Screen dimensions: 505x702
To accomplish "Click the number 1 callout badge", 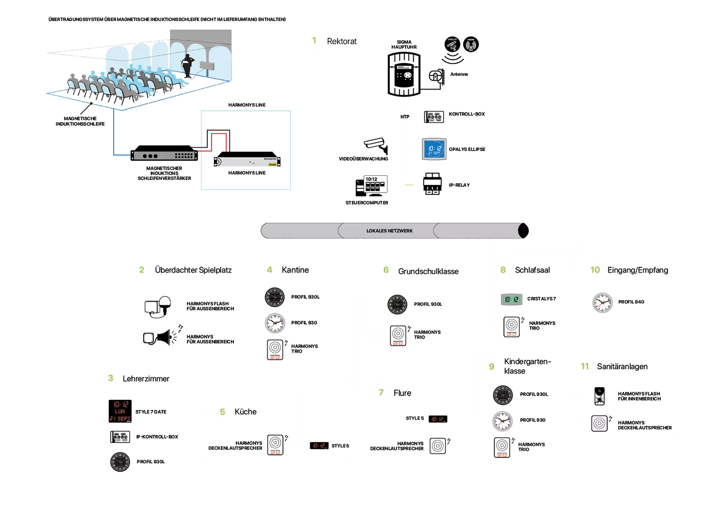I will tap(314, 41).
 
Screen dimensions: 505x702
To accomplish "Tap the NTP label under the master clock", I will tap(404, 117).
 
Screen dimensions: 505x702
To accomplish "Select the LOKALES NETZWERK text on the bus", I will tap(389, 231).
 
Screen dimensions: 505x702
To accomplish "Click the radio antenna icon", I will tap(471, 46).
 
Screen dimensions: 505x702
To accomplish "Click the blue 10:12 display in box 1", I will tap(434, 148).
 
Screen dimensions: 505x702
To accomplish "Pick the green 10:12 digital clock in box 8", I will tap(511, 300).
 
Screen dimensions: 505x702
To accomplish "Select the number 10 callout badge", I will tap(595, 270).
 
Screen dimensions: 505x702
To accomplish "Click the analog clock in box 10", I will tap(602, 303).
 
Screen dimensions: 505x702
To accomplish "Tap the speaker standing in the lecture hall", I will tap(189, 66).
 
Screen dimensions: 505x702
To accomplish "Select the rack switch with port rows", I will tap(164, 155).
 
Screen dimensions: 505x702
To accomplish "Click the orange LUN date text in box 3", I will tap(120, 411).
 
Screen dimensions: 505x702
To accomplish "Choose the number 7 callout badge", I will tap(381, 392).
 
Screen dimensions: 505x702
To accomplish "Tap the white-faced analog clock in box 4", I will tap(275, 323).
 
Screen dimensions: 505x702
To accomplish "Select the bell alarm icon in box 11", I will tap(599, 397).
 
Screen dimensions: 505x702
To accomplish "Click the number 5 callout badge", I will tap(223, 412).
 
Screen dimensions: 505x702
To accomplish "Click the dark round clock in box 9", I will tap(503, 395).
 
